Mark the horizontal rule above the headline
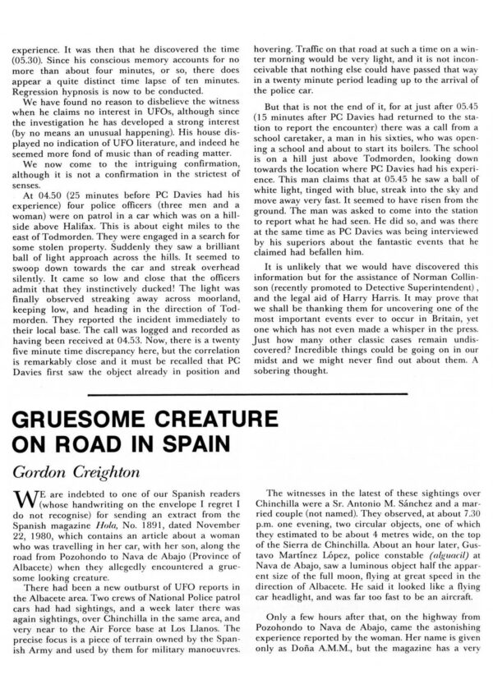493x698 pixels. [x=246, y=393]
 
